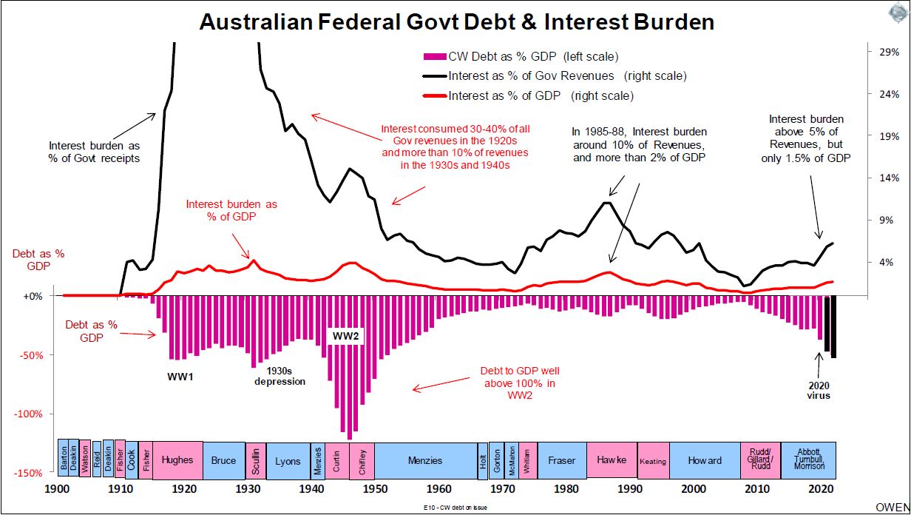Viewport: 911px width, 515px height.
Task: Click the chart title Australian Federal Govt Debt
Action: [456, 22]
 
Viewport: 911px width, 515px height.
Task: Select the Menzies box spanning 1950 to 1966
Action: [424, 460]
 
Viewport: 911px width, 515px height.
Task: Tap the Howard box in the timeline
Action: [705, 460]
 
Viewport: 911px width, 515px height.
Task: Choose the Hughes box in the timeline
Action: [177, 460]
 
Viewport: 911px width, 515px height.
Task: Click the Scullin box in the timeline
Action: [255, 460]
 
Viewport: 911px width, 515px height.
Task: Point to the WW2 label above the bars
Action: [345, 337]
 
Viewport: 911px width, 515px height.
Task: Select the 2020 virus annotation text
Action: [819, 390]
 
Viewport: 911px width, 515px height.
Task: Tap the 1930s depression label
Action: [280, 376]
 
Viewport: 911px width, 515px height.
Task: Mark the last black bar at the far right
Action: [833, 326]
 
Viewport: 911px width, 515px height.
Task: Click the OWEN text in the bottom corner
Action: [893, 508]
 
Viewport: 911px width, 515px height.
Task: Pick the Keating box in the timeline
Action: [653, 461]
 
